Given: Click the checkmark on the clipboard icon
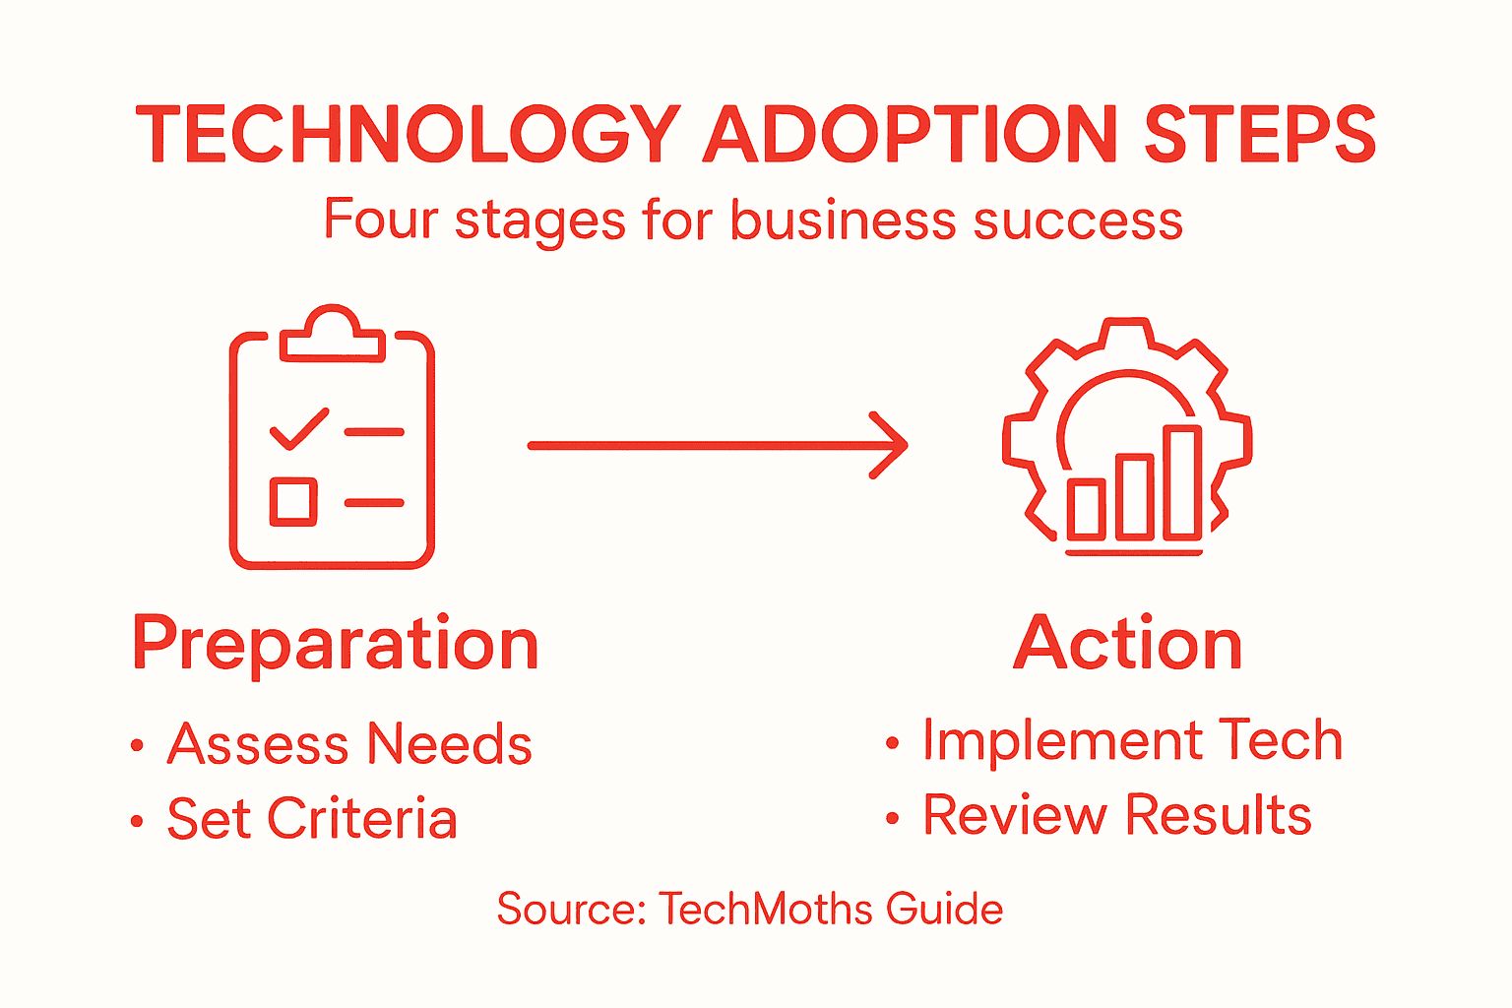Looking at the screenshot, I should pos(298,429).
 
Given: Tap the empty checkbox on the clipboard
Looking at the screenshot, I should pos(293,501).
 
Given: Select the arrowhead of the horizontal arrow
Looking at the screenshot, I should pos(891,446).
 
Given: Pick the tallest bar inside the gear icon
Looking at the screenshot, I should pos(1182,482).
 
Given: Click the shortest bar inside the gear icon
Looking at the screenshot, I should pos(1087,509).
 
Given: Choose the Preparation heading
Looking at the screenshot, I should pos(336,645).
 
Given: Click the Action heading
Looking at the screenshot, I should pos(1128,645).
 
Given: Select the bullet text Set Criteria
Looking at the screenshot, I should pos(312,819).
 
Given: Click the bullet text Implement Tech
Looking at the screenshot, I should pos(1132,740).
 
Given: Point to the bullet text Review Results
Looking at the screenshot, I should pos(1117,815).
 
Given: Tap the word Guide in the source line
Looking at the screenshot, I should pos(944,909).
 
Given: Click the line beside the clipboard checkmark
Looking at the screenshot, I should pos(374,432).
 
